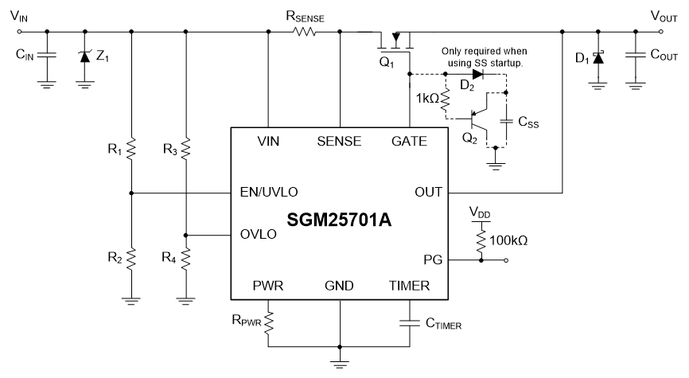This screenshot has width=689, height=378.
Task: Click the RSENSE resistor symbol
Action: tap(305, 32)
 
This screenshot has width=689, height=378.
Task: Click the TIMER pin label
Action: tap(408, 286)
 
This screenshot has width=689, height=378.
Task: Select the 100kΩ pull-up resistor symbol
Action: tap(480, 239)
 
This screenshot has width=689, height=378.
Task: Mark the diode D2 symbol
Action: tap(478, 74)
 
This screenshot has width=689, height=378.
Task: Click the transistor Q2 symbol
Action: tap(479, 121)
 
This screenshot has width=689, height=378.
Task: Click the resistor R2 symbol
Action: tap(131, 257)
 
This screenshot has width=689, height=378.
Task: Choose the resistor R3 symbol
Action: tap(185, 147)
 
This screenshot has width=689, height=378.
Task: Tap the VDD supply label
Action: tap(480, 212)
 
